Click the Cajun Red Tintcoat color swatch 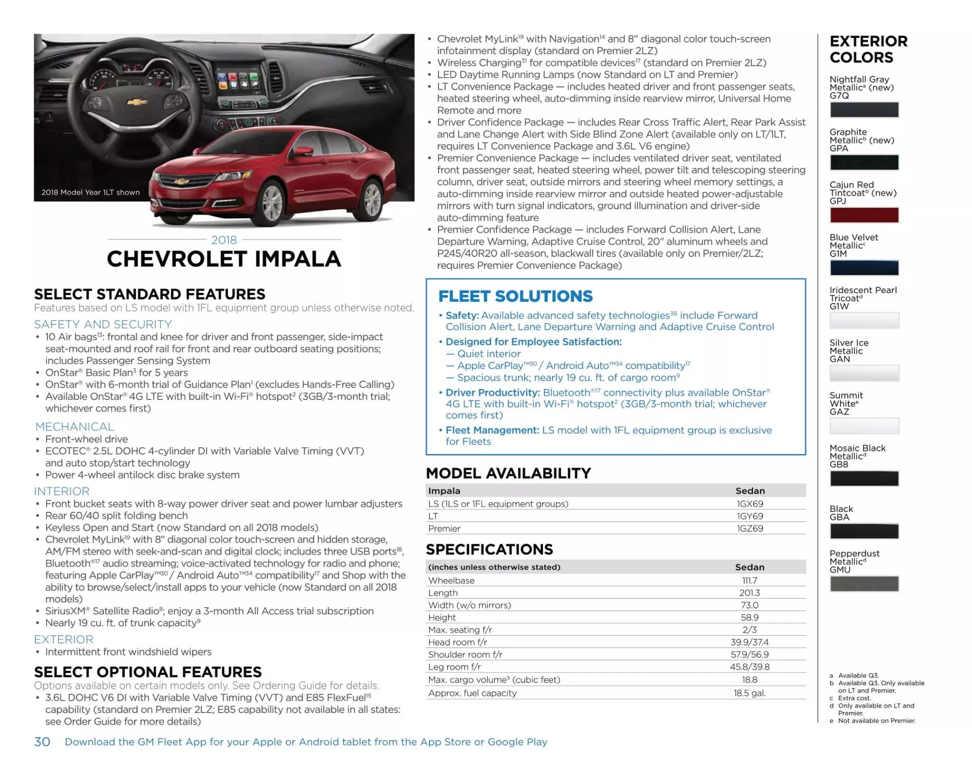(x=864, y=215)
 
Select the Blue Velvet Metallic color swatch (x=864, y=268)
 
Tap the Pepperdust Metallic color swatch (x=864, y=583)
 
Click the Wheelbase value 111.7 (x=749, y=580)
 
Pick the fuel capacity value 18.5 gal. (x=749, y=693)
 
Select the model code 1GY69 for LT (x=750, y=516)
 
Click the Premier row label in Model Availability (x=444, y=528)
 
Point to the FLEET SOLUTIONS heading (x=515, y=296)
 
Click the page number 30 (x=42, y=741)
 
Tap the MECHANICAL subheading (x=75, y=426)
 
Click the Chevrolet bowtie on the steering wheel (x=137, y=102)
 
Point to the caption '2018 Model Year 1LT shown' (x=90, y=192)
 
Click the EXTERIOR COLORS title (x=868, y=49)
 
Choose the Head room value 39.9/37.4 (x=749, y=642)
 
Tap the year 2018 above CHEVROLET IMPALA (x=224, y=240)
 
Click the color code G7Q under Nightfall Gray (x=839, y=96)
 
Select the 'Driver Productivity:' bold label (x=493, y=392)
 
